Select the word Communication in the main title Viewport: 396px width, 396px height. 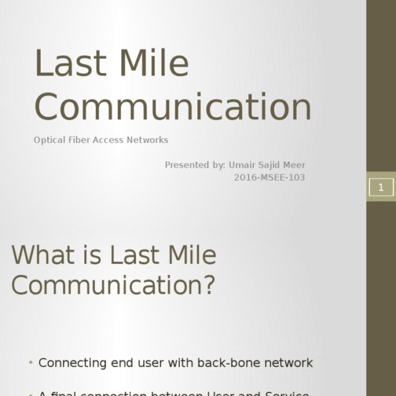tap(173, 106)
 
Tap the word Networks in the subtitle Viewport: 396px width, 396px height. tap(147, 140)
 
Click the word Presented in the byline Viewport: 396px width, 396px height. tap(187, 164)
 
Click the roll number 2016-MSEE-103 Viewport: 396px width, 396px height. tap(269, 178)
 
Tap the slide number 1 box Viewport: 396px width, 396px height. tap(380, 187)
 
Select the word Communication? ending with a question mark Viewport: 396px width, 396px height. tap(113, 284)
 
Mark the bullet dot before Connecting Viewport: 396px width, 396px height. tap(31, 363)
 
